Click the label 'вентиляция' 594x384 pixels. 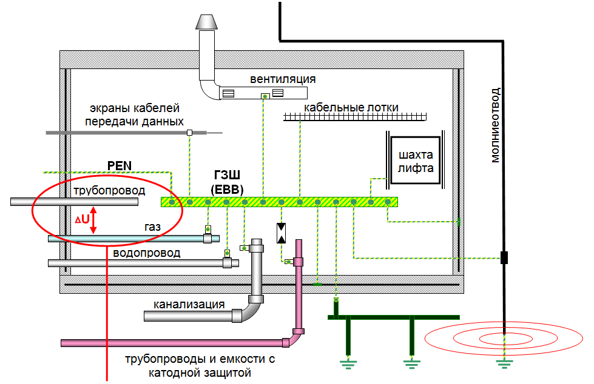(283, 79)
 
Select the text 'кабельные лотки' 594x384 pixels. (351, 107)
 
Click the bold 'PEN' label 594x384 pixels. (119, 165)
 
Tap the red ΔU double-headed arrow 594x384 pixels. (93, 222)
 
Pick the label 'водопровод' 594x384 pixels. (147, 253)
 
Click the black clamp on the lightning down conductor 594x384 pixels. (504, 258)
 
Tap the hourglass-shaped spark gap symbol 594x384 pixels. (282, 233)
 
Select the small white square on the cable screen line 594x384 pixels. (189, 132)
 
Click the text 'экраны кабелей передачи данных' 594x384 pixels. (135, 115)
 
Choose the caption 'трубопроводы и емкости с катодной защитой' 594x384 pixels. (200, 365)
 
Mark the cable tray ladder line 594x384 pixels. (356, 117)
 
